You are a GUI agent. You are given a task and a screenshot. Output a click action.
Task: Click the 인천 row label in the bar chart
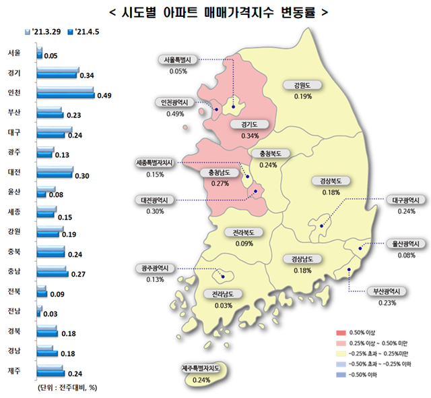14,92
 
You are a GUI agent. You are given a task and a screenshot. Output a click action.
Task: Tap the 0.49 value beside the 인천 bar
104,96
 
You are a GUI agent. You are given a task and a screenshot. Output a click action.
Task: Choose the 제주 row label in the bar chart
14,371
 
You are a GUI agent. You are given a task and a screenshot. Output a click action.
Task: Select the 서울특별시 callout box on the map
178,59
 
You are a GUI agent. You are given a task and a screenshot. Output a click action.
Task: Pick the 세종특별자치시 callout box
154,163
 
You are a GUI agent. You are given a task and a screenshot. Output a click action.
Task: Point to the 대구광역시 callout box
407,200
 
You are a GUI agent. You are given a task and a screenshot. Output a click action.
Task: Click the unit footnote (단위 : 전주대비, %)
64,387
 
